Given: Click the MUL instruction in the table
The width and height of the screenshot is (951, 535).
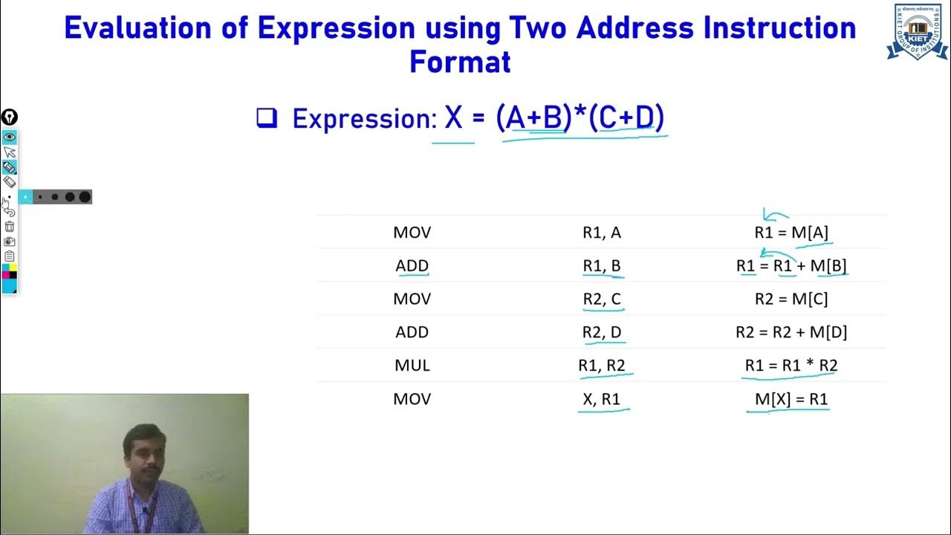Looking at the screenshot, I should pos(412,366).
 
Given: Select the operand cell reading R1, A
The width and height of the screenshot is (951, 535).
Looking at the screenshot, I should pos(601,233).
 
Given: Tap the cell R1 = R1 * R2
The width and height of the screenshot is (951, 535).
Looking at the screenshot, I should pos(791,366).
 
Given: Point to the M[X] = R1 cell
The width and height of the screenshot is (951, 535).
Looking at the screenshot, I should pos(791,399).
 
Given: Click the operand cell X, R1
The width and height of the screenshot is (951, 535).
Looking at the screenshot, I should pos(601,399).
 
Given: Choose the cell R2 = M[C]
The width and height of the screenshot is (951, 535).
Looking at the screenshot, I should pos(791,299).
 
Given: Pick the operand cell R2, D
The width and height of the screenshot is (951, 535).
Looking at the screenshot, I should pos(601,332).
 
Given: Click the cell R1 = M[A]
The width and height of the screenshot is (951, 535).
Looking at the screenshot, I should pos(791,233).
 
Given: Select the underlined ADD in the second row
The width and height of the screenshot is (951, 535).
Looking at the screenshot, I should pos(412,266).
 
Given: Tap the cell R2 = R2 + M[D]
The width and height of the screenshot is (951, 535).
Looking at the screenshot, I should pos(791,332).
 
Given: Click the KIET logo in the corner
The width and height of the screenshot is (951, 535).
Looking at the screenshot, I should pos(918,31).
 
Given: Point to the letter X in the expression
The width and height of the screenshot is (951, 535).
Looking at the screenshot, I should pos(453,117).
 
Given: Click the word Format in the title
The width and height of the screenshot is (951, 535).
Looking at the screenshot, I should pos(460,62).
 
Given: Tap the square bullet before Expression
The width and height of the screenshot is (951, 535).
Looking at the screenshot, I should pos(266,118).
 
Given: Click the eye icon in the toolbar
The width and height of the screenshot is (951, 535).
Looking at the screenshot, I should pos(10,137).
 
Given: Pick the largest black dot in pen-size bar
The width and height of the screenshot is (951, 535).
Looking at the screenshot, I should pos(85,197).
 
